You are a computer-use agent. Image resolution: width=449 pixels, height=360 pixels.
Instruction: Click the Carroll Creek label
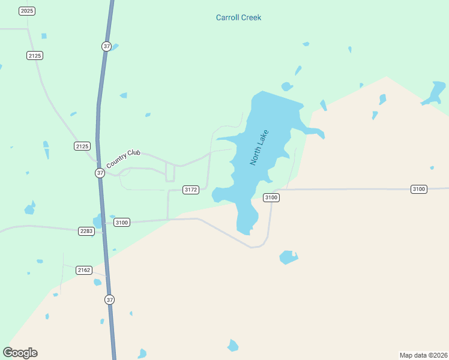[238, 17]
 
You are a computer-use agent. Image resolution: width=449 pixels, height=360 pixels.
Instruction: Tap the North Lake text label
[259, 148]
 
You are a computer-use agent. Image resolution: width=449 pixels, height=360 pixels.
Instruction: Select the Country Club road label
[123, 159]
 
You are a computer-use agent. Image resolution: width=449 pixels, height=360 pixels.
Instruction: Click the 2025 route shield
[27, 11]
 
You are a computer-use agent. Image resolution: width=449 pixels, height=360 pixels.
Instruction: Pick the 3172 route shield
[190, 190]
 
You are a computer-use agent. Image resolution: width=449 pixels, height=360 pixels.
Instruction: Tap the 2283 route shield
[86, 231]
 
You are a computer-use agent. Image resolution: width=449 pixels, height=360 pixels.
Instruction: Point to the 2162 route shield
[84, 271]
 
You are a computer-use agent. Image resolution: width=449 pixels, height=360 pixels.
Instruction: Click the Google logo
[20, 353]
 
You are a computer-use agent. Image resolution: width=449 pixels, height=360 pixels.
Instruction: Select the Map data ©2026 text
[424, 355]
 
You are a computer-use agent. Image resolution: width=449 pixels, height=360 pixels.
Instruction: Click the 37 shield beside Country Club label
[100, 173]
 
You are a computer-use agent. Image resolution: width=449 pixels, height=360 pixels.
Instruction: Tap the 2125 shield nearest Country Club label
[82, 146]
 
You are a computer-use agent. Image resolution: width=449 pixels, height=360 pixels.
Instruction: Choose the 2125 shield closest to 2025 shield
[35, 55]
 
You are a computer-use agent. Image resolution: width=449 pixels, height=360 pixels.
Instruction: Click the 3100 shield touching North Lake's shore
[271, 197]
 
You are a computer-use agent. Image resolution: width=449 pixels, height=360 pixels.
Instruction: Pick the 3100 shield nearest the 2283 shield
[122, 223]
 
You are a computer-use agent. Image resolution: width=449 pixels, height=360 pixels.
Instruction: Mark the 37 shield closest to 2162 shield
[109, 299]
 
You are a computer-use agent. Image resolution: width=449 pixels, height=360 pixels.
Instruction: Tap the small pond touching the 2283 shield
[98, 222]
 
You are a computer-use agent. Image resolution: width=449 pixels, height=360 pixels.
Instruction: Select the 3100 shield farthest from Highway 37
[419, 189]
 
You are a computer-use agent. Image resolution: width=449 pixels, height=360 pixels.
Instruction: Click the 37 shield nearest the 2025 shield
[106, 46]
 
